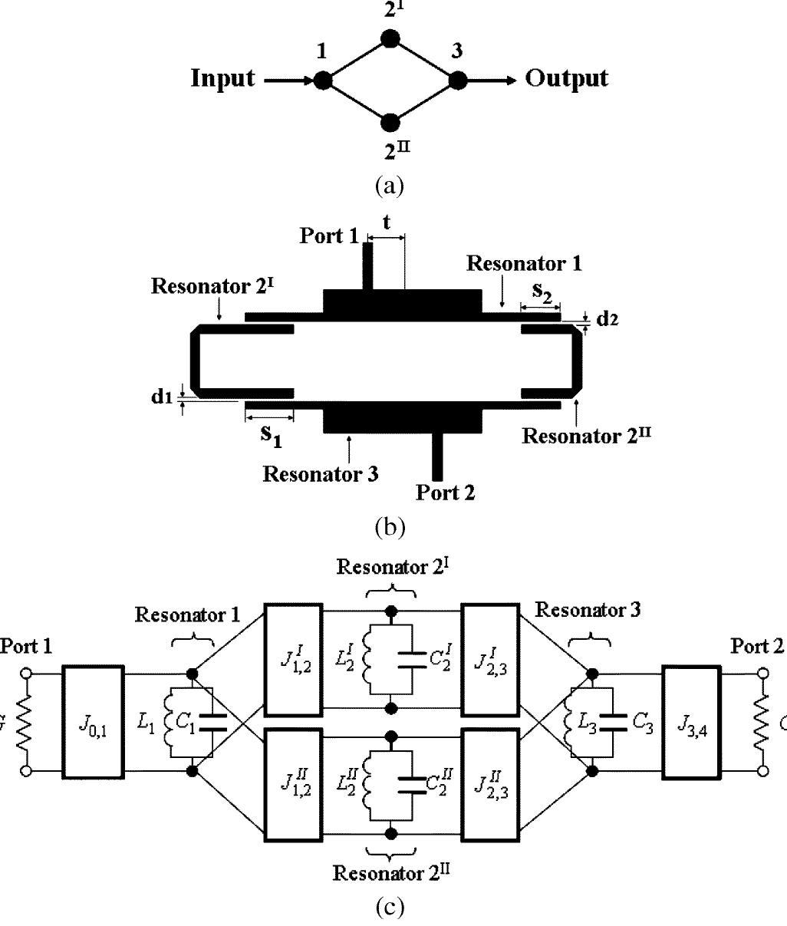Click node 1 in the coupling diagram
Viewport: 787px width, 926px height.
click(x=323, y=80)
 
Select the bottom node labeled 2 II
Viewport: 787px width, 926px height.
click(x=390, y=122)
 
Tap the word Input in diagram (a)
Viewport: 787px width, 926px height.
click(x=222, y=79)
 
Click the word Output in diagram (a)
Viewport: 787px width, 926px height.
click(x=567, y=78)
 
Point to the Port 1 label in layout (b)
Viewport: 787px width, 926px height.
click(x=328, y=236)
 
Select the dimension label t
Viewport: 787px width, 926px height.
click(x=387, y=222)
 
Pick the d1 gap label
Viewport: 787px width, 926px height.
click(x=162, y=397)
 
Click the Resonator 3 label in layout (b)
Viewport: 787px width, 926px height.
click(x=321, y=473)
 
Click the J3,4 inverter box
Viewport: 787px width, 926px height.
click(x=691, y=722)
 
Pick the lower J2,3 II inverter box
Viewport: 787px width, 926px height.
click(x=490, y=788)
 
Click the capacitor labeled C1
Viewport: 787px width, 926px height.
click(x=212, y=722)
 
